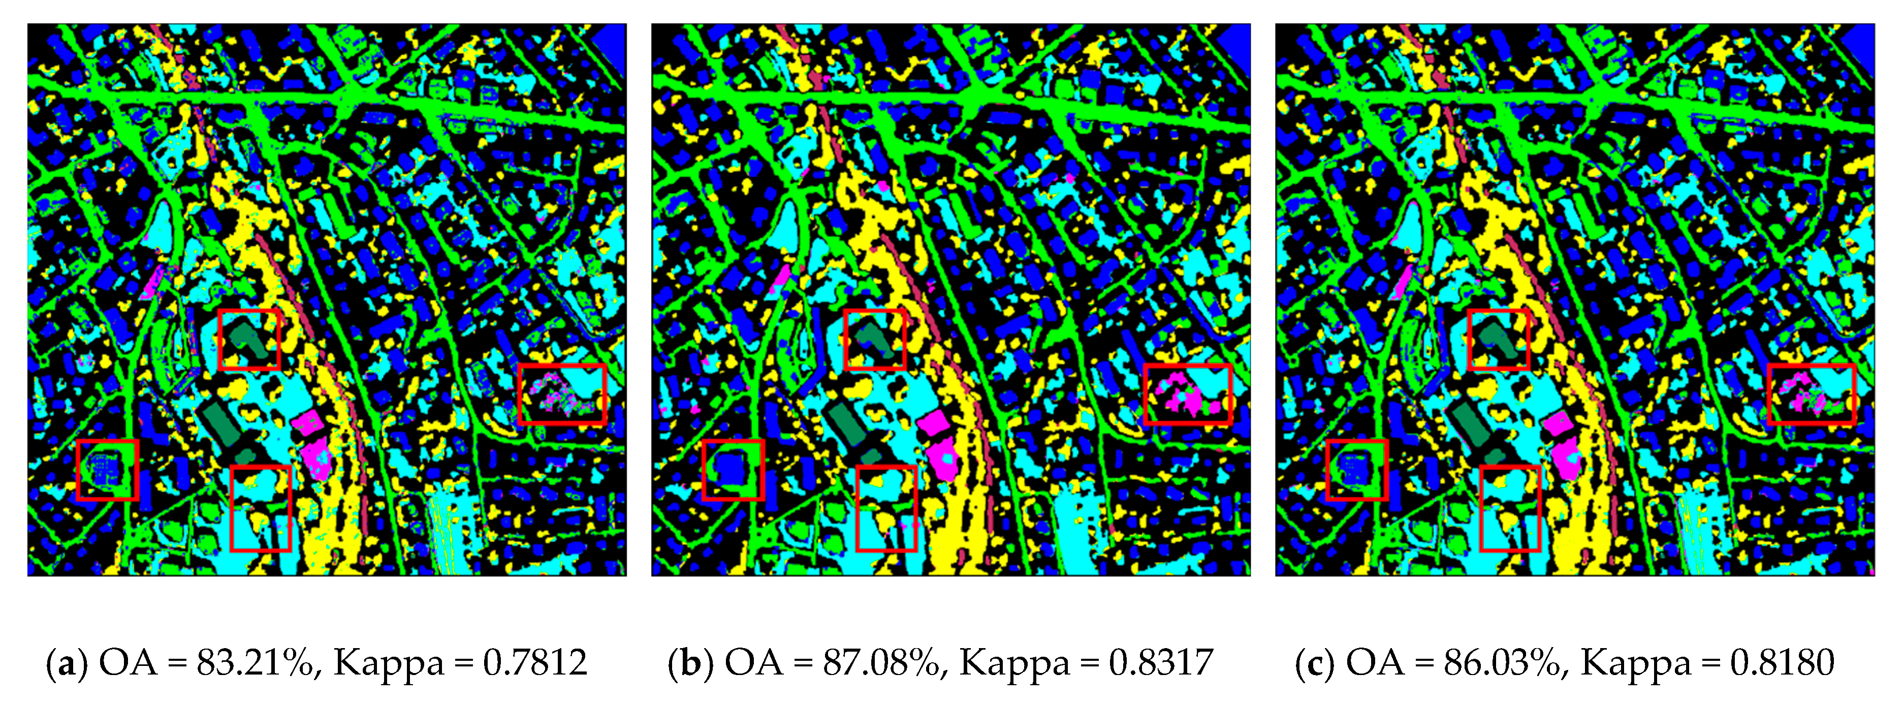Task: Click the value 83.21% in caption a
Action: pyautogui.click(x=255, y=662)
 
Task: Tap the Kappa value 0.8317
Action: pyautogui.click(x=1160, y=662)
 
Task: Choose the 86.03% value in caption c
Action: pyautogui.click(x=1501, y=662)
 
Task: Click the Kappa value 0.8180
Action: pyautogui.click(x=1781, y=662)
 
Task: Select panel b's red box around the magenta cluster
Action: pyautogui.click(x=1187, y=394)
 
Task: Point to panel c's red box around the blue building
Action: pyautogui.click(x=1356, y=469)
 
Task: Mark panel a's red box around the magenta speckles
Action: pyautogui.click(x=562, y=394)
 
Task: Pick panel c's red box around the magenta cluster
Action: pyautogui.click(x=1811, y=394)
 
